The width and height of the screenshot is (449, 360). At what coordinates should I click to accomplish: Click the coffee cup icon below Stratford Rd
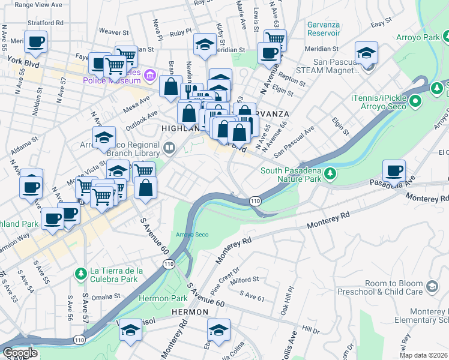(35, 42)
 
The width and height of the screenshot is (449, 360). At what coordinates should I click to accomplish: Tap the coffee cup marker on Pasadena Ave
(394, 171)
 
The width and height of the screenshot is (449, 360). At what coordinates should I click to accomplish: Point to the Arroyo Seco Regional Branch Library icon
(170, 148)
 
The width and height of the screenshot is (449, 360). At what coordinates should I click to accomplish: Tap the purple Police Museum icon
(150, 76)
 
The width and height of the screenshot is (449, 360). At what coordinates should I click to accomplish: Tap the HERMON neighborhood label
(190, 313)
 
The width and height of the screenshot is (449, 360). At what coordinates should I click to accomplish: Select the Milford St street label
(244, 280)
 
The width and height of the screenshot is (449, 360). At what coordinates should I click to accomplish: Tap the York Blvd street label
(22, 61)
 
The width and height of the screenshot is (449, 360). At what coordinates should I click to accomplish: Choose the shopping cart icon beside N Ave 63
(275, 40)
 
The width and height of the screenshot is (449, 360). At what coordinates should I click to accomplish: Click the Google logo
(20, 353)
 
